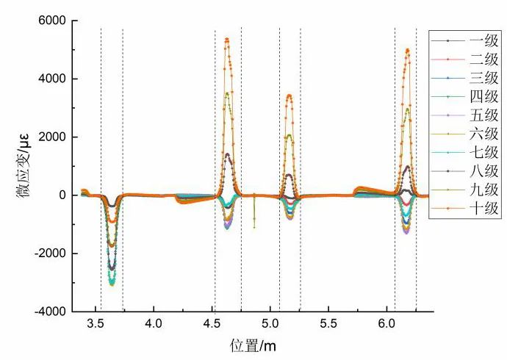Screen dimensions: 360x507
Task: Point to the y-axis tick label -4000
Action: coord(49,312)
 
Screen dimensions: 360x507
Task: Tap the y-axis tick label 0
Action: coord(62,195)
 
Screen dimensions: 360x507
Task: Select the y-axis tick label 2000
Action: coord(53,137)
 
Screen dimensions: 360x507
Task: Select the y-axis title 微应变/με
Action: coord(16,167)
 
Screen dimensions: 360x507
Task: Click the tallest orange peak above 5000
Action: coord(227,39)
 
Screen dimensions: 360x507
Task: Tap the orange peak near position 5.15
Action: coord(289,95)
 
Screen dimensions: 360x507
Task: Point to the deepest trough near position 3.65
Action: coord(112,284)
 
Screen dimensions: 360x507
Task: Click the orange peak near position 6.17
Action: coord(408,50)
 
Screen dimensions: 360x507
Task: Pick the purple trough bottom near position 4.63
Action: coord(227,228)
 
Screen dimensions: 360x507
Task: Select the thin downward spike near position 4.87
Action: coord(254,227)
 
